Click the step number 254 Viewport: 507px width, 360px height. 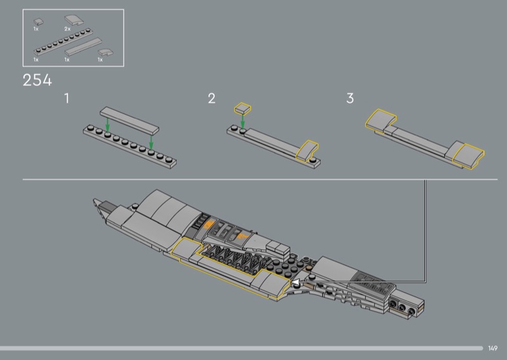(x=37, y=80)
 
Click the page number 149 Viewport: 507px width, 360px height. (x=493, y=348)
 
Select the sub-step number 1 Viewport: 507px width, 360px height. (x=67, y=98)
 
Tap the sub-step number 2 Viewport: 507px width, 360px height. (x=212, y=98)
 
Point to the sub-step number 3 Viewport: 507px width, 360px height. (x=350, y=98)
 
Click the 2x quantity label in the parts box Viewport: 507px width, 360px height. (x=67, y=29)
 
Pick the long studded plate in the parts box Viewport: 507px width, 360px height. (x=63, y=42)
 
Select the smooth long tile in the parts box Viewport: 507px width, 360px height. (x=84, y=47)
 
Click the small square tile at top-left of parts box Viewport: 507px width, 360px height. (x=39, y=22)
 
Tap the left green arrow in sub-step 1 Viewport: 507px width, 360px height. (x=108, y=126)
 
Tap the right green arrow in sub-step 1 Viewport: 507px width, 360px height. (x=151, y=143)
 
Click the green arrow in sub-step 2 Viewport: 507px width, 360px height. (x=243, y=121)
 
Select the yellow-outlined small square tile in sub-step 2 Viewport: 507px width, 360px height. (x=243, y=108)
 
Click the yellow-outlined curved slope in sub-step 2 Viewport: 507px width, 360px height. (x=307, y=150)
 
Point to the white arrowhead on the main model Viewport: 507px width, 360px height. (x=295, y=282)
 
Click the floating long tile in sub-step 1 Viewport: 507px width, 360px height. (x=129, y=120)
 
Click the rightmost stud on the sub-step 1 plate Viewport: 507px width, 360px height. (x=169, y=160)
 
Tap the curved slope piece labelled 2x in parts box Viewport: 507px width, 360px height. (x=74, y=20)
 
